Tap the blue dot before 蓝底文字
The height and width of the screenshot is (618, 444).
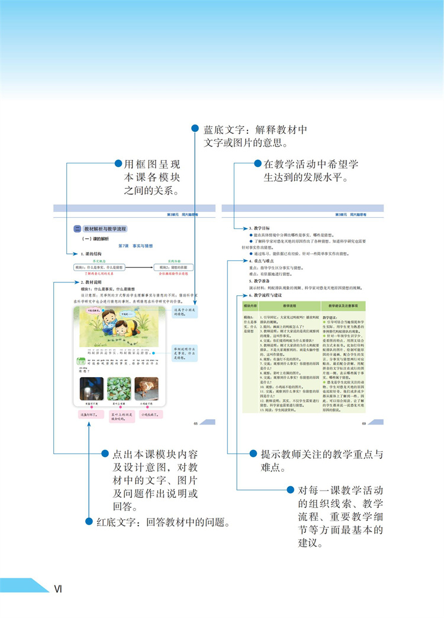195,128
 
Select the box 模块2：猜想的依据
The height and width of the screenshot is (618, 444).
174,268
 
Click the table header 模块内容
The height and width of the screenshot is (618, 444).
249,305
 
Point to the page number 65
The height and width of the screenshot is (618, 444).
195,423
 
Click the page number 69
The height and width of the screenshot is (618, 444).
364,423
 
